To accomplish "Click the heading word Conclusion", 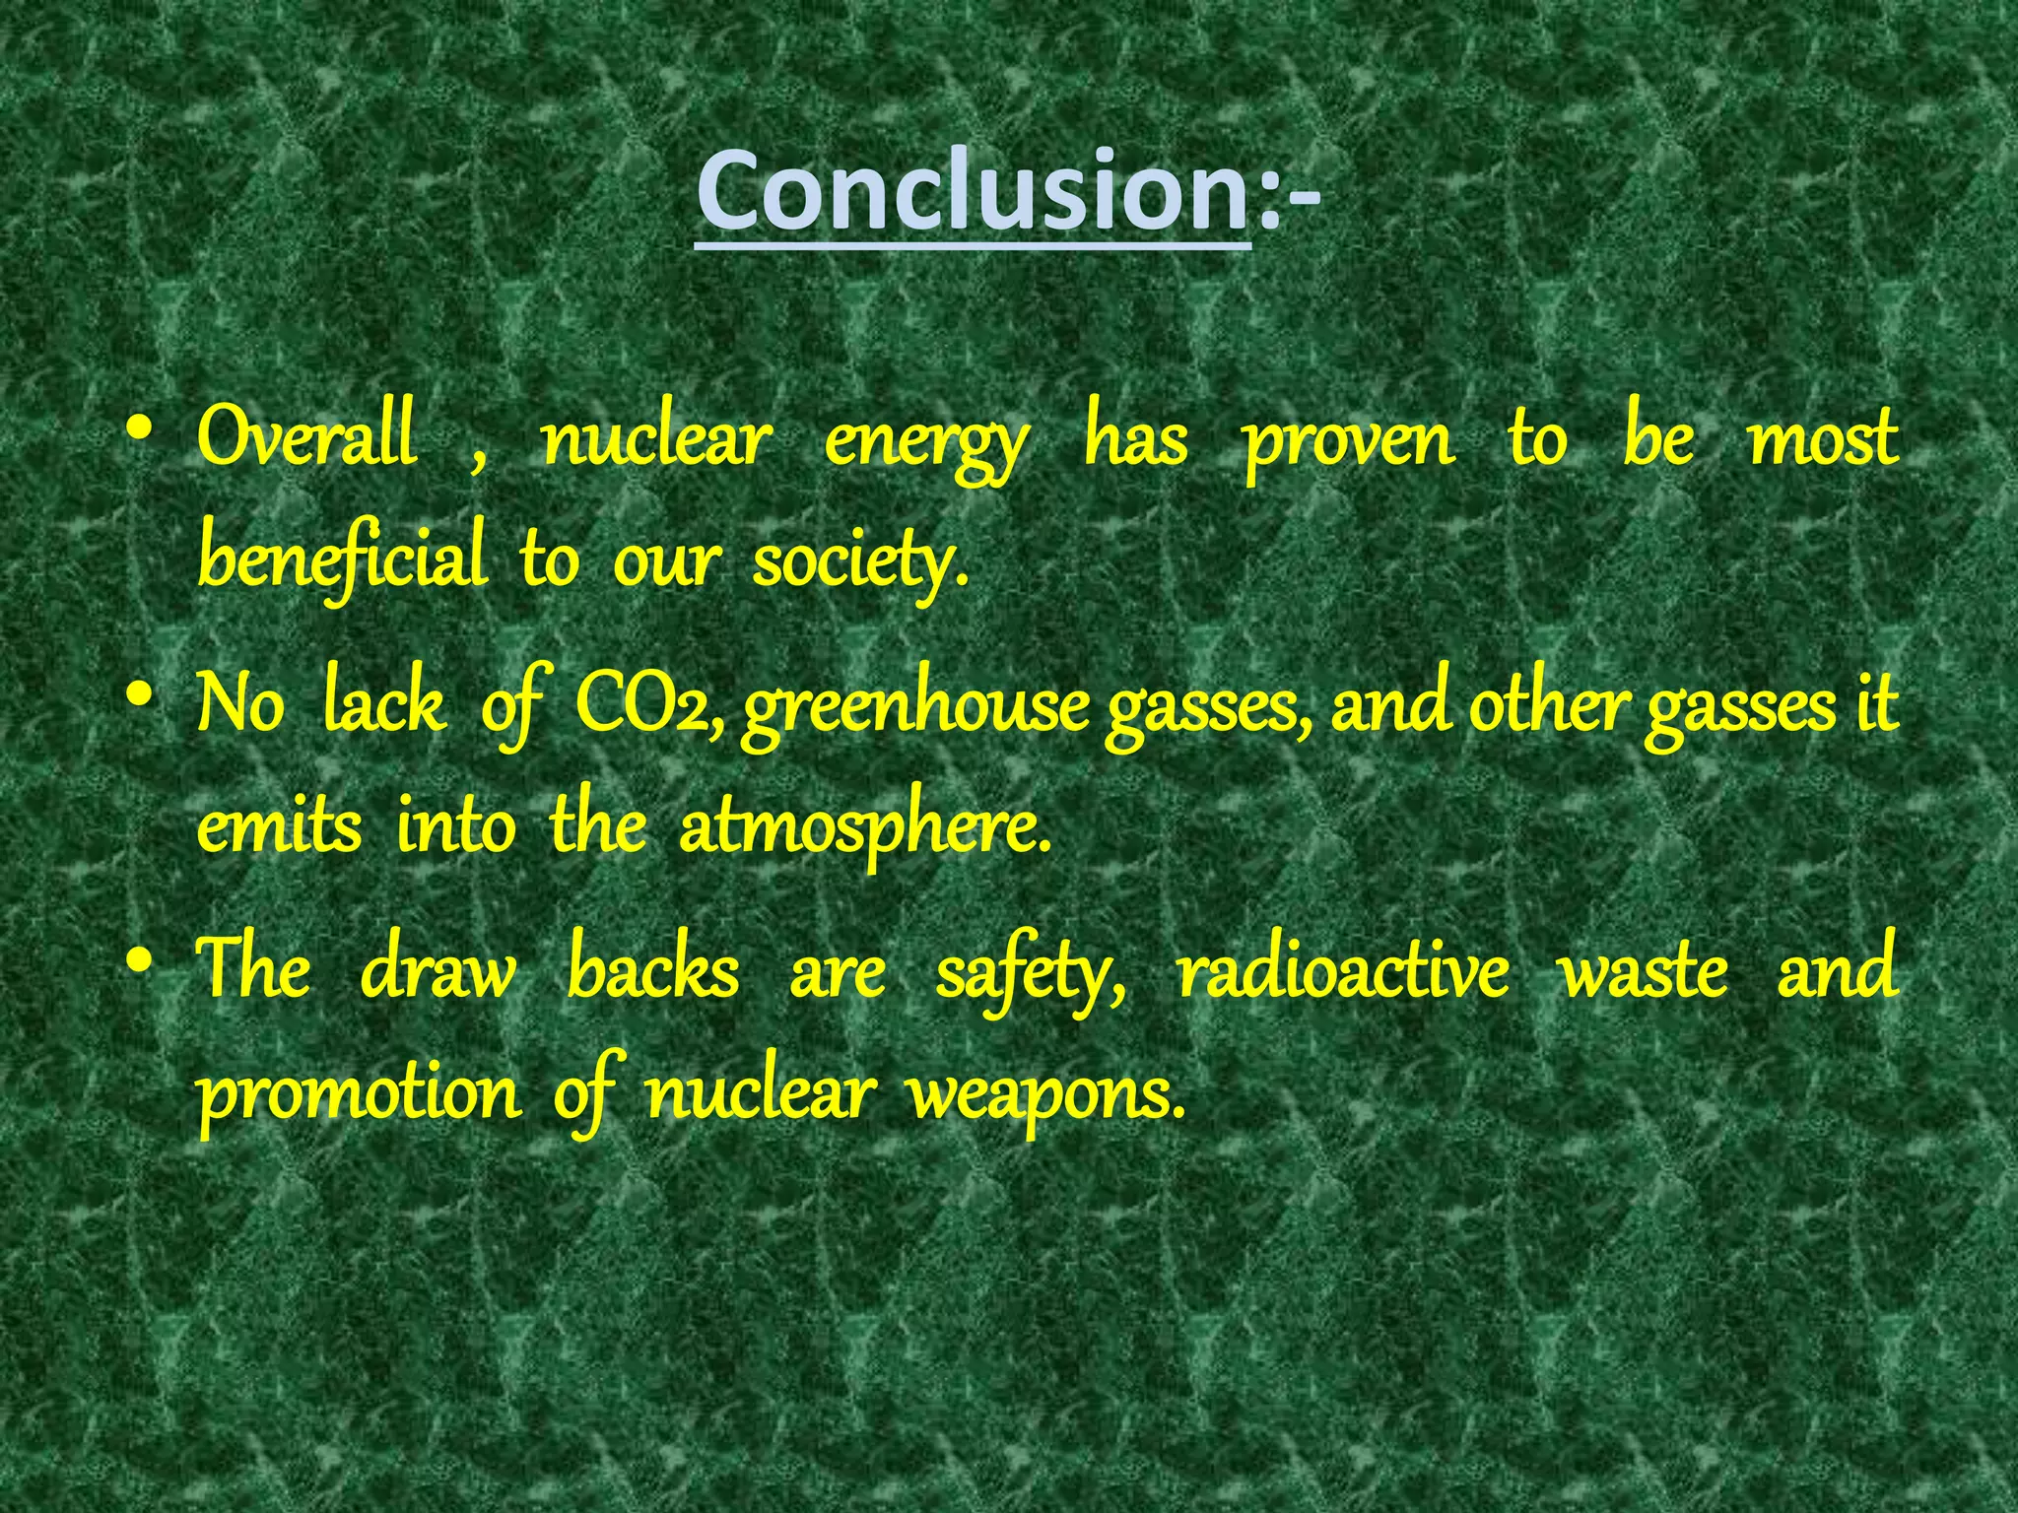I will [974, 191].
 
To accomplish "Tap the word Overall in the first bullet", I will [306, 438].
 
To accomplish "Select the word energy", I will [926, 443].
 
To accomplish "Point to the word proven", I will [1347, 443].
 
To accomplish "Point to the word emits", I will [279, 827].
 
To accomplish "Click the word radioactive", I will [1343, 971].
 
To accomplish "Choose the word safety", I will [1029, 975].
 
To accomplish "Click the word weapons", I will [1044, 1095].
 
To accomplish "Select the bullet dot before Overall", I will [141, 430].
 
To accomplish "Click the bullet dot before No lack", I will [141, 695].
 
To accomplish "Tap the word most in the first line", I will [1823, 440].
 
